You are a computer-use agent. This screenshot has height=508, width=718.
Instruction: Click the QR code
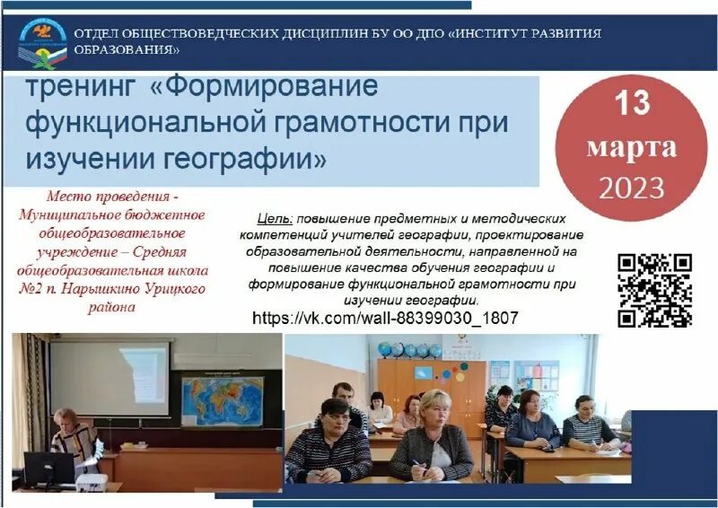tap(655, 290)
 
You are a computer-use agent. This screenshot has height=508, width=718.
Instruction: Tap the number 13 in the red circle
tap(632, 103)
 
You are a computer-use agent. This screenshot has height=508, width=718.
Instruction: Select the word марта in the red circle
tap(632, 147)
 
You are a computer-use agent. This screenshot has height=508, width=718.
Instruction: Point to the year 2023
tap(632, 188)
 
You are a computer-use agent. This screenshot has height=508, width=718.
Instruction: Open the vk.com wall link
tap(385, 319)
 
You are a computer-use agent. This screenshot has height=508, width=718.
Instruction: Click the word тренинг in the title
tap(81, 89)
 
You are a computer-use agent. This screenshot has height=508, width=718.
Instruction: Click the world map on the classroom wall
tap(222, 399)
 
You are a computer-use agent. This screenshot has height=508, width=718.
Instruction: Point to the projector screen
tap(109, 377)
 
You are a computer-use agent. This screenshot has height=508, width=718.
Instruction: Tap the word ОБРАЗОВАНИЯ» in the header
tap(127, 50)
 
